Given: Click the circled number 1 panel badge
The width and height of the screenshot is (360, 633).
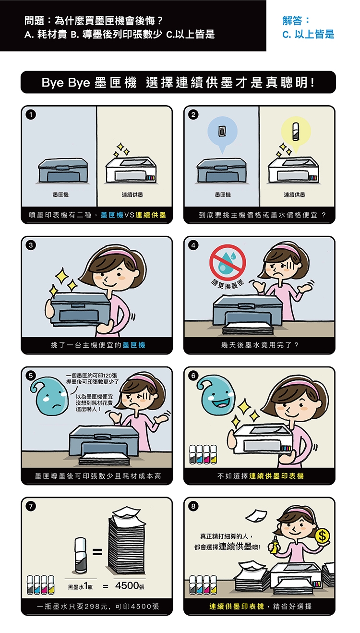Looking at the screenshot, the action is [x=31, y=115].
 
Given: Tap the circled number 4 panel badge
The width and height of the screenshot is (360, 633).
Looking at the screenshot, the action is [x=193, y=245].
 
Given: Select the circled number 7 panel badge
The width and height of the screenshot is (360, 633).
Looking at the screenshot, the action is [x=31, y=506].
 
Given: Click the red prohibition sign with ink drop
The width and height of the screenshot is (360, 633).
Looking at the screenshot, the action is [x=228, y=263].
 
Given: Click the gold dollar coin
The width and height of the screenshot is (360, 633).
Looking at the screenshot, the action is [x=322, y=536].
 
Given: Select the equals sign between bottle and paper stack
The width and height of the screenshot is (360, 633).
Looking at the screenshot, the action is [x=97, y=552].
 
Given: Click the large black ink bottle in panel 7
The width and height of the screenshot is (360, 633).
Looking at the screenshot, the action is [x=81, y=554].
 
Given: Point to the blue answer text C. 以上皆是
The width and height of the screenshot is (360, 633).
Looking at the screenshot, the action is [x=308, y=35].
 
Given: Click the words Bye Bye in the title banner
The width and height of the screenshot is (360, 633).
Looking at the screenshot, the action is [x=65, y=83].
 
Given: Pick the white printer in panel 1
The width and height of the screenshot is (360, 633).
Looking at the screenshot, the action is [x=132, y=170].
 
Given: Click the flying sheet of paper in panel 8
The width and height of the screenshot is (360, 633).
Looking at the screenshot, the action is [x=256, y=516].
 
